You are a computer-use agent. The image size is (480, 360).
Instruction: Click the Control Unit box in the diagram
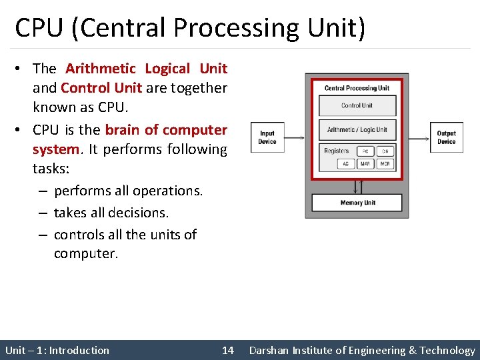[357, 106]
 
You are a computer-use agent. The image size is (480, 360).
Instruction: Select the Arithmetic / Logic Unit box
[357, 130]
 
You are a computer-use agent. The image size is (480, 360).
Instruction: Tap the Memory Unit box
[357, 203]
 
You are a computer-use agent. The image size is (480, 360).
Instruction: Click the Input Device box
[267, 137]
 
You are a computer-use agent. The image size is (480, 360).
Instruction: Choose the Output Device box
[446, 137]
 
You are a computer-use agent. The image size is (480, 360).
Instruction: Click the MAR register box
[365, 163]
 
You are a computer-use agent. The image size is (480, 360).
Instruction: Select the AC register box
[346, 163]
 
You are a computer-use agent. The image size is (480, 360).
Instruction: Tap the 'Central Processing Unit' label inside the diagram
[357, 88]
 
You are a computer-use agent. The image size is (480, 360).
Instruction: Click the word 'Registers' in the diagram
[336, 151]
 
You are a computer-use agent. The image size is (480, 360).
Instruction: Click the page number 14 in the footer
[227, 350]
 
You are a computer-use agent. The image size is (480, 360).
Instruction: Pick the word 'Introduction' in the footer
[79, 350]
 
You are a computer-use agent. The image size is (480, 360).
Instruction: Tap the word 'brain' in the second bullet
[122, 129]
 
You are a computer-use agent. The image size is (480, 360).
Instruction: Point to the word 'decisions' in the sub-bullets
[140, 213]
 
